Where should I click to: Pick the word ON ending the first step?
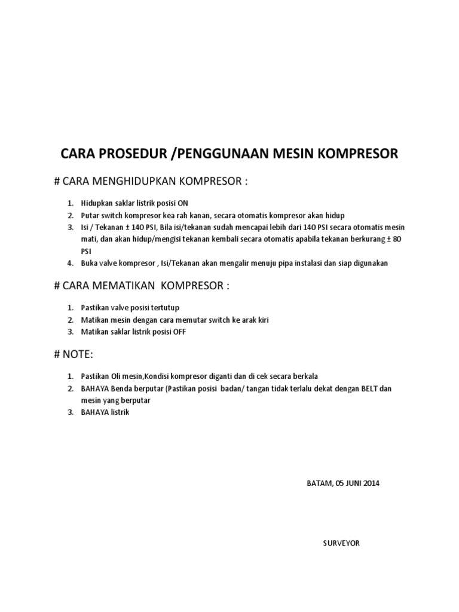pos(182,203)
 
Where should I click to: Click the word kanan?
pos(191,215)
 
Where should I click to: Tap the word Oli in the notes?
pos(114,377)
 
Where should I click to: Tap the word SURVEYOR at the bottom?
pos(341,543)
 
